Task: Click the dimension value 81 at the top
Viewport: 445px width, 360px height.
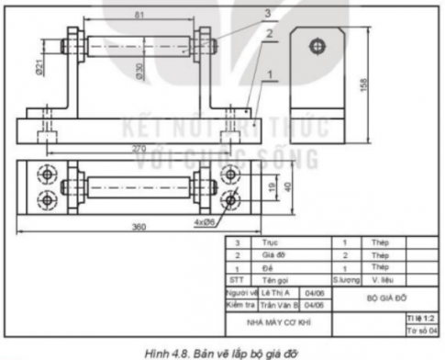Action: (x=139, y=16)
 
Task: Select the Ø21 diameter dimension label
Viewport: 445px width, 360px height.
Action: (x=40, y=67)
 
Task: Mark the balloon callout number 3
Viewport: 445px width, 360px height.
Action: (x=267, y=13)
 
